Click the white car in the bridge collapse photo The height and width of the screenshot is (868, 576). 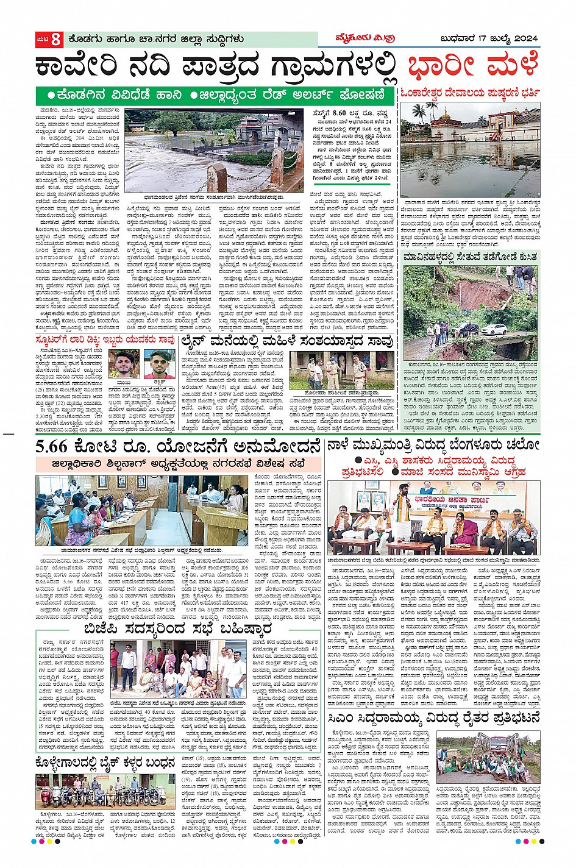point(494,329)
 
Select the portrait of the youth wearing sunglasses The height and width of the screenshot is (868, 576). point(160,364)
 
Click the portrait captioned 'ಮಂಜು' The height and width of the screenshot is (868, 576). point(126,364)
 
